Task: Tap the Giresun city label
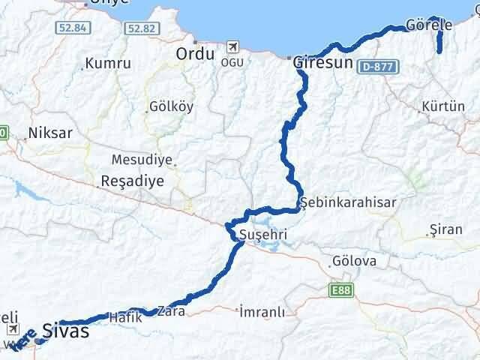tap(322, 64)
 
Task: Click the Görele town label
tap(428, 25)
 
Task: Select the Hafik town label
tap(125, 316)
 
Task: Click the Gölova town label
tap(352, 262)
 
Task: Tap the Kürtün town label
tap(443, 106)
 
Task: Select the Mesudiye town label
tap(142, 160)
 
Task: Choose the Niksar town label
tap(49, 133)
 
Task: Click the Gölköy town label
tap(171, 106)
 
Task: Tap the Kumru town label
tap(108, 64)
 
